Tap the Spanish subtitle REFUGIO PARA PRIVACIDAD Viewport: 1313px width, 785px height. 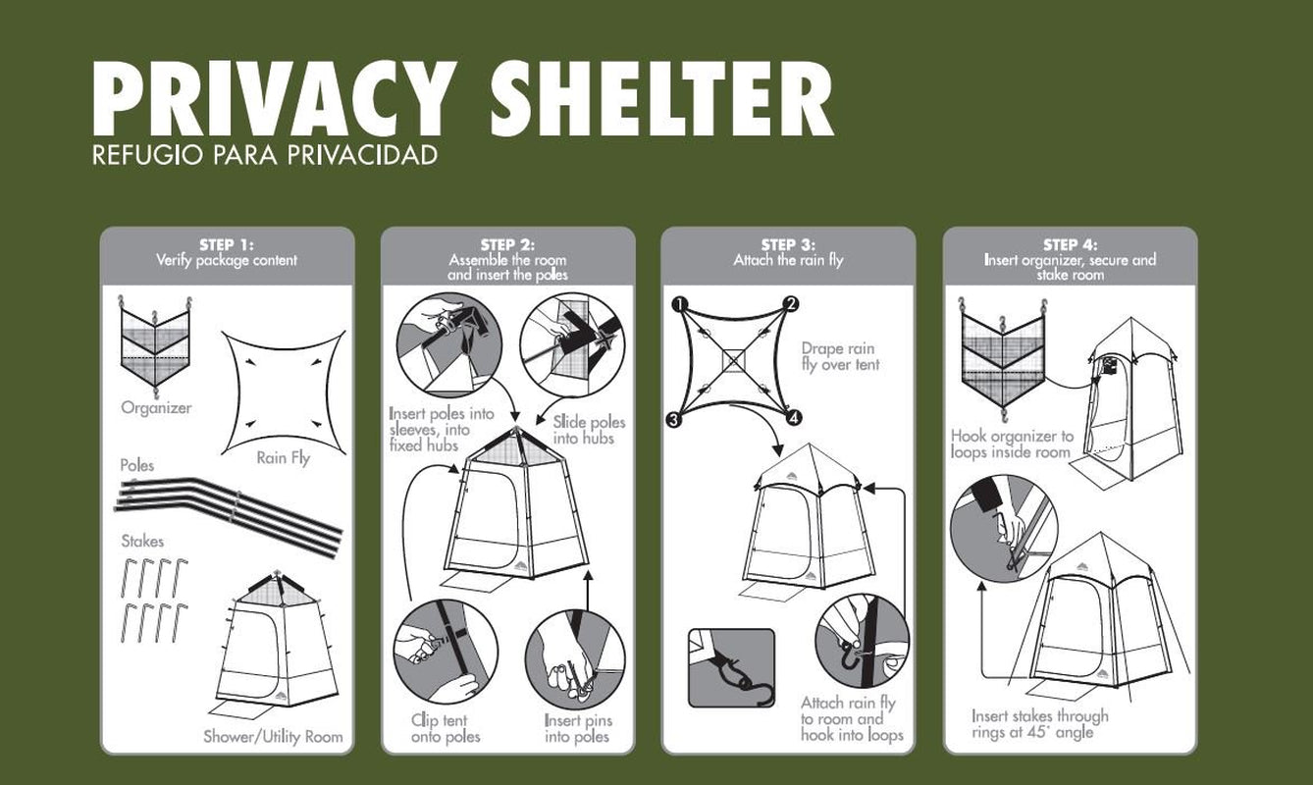click(x=265, y=156)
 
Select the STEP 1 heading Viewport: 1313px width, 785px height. click(x=227, y=244)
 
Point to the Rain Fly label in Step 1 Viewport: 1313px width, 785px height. click(x=283, y=457)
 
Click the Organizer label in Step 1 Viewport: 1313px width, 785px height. click(x=156, y=407)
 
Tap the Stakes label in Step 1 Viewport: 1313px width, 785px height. click(x=142, y=541)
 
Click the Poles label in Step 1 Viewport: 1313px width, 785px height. click(x=137, y=464)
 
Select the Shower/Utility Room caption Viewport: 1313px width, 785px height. click(x=273, y=736)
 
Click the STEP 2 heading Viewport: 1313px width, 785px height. click(x=507, y=244)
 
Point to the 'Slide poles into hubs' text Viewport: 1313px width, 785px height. click(x=589, y=430)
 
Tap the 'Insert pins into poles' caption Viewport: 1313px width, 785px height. click(x=577, y=728)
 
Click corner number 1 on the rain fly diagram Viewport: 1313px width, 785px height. click(x=678, y=304)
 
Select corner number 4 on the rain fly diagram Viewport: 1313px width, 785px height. click(x=793, y=419)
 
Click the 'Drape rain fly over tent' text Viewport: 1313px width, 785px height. click(x=839, y=356)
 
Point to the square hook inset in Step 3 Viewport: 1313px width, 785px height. click(x=731, y=667)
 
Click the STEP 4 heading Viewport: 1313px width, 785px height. click(x=1070, y=244)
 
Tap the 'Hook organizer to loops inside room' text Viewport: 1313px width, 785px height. click(x=1012, y=444)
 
